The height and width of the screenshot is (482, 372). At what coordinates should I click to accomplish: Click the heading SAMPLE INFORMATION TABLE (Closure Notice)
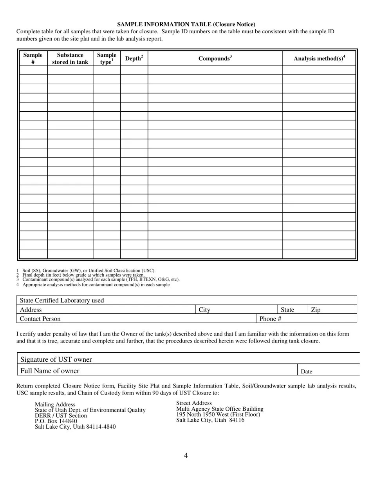pyautogui.click(x=186, y=24)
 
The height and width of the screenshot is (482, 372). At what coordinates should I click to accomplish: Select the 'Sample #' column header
pyautogui.click(x=33, y=58)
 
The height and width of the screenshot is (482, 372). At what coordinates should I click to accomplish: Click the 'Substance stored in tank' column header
pyautogui.click(x=70, y=58)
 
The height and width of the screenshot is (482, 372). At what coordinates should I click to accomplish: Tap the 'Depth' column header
pyautogui.click(x=134, y=58)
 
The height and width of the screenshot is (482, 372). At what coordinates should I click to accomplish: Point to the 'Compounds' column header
pyautogui.click(x=215, y=58)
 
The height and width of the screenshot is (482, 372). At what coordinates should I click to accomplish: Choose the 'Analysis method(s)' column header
pyautogui.click(x=319, y=58)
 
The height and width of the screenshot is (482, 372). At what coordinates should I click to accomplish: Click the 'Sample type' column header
pyautogui.click(x=107, y=58)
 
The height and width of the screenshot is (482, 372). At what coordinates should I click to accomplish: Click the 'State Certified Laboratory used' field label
pyautogui.click(x=62, y=301)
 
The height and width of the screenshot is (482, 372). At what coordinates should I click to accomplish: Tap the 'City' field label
pyautogui.click(x=204, y=310)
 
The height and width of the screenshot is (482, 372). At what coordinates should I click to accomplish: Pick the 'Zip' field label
pyautogui.click(x=316, y=310)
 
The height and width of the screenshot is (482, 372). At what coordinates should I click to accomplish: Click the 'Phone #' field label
pyautogui.click(x=270, y=319)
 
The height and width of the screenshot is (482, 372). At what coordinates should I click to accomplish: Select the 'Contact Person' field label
pyautogui.click(x=40, y=319)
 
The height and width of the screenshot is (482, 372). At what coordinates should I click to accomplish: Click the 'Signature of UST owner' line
pyautogui.click(x=56, y=360)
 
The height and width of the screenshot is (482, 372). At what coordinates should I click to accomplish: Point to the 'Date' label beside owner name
pyautogui.click(x=306, y=371)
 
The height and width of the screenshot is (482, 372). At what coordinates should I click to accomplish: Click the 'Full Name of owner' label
pyautogui.click(x=50, y=371)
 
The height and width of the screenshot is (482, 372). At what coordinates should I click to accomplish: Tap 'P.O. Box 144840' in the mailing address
pyautogui.click(x=56, y=421)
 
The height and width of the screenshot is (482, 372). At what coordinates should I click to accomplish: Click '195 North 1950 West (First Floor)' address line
pyautogui.click(x=218, y=414)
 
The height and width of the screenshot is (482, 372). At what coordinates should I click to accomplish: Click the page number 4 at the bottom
pyautogui.click(x=186, y=455)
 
